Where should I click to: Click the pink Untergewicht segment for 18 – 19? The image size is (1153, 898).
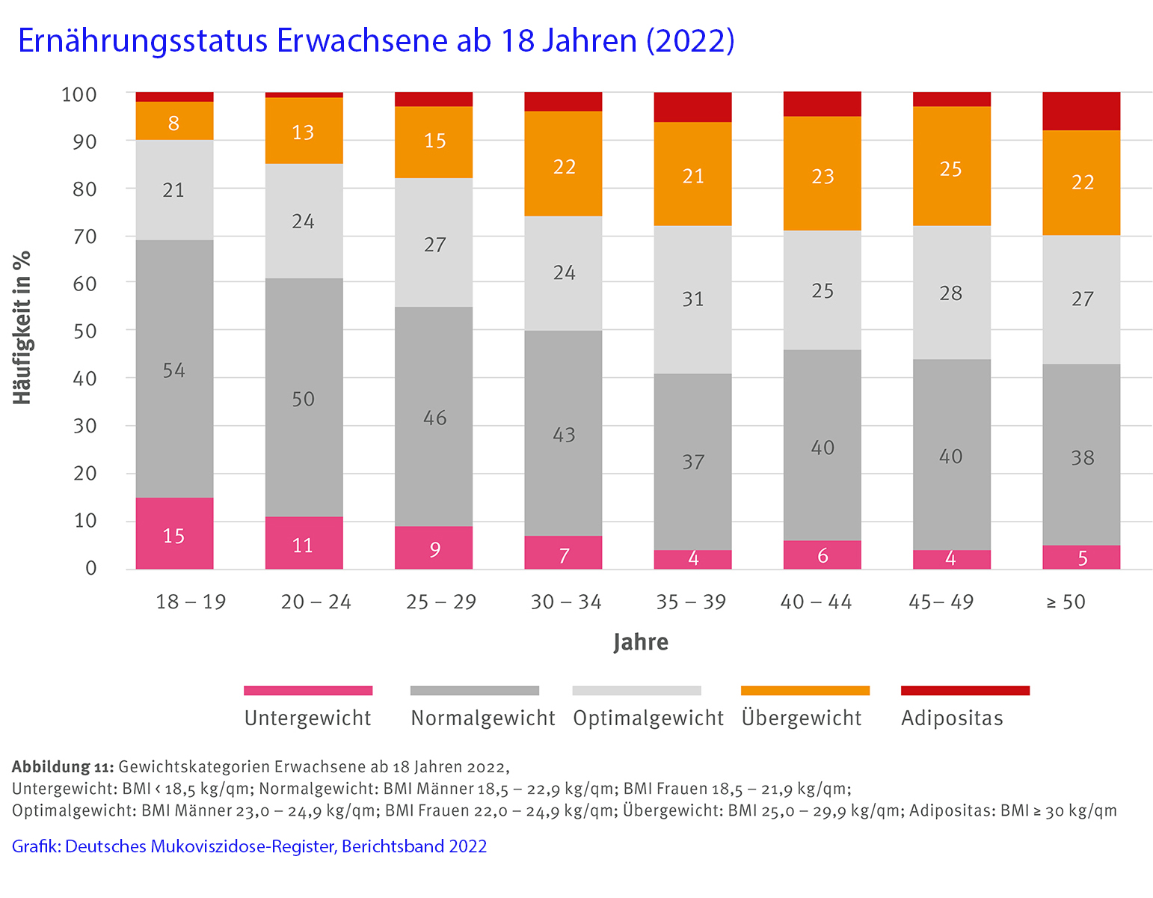[x=174, y=533]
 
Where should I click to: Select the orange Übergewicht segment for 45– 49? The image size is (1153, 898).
[x=951, y=166]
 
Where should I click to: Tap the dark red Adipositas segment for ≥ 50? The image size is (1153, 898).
[x=1081, y=111]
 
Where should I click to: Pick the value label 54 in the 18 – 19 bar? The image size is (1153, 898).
[x=174, y=370]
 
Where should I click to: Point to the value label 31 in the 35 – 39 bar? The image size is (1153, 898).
[x=693, y=299]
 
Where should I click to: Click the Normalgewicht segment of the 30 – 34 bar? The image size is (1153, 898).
[x=564, y=433]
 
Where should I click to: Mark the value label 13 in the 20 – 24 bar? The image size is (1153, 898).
[x=303, y=132]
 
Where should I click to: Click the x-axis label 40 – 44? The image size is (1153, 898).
[x=816, y=602]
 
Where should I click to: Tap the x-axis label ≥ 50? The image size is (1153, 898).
[x=1066, y=602]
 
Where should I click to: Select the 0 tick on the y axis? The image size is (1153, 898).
[x=91, y=568]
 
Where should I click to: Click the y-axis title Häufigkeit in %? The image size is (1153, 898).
[x=22, y=328]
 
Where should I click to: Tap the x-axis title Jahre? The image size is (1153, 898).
[x=641, y=642]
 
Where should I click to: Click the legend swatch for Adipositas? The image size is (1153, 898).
[x=965, y=690]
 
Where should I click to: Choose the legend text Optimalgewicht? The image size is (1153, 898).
[x=648, y=718]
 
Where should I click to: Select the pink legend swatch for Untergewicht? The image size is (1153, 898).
[x=308, y=690]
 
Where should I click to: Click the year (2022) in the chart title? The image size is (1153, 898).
[x=690, y=40]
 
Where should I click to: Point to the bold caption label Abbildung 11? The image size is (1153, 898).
[x=62, y=767]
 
